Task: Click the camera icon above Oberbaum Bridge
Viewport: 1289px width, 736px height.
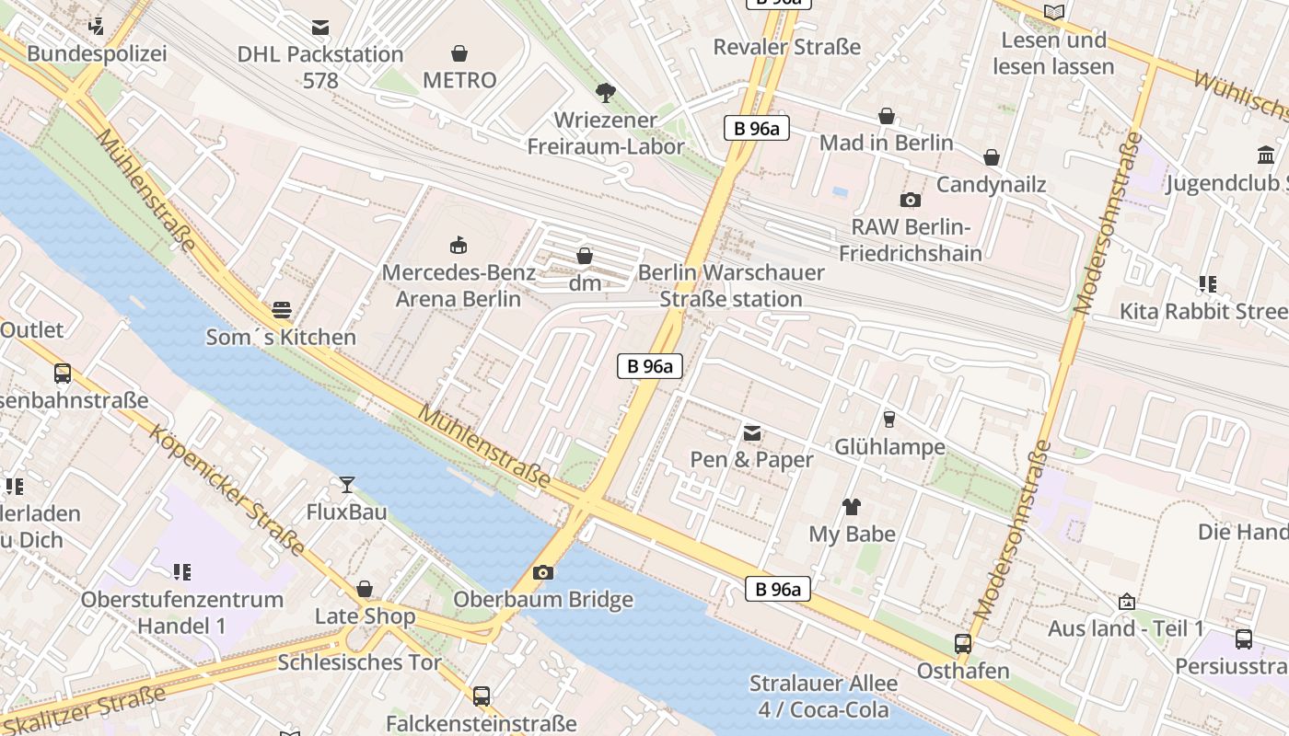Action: pos(543,573)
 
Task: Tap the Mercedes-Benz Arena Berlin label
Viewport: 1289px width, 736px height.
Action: pos(458,285)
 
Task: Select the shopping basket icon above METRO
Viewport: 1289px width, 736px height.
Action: pos(459,54)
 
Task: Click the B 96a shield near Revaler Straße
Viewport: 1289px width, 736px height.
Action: pos(757,129)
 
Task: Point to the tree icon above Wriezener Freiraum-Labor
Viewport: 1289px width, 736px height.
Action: pos(605,92)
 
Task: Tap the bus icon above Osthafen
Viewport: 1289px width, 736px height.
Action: pos(963,644)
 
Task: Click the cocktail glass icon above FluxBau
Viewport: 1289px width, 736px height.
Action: pos(346,485)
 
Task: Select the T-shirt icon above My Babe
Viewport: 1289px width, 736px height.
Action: pos(851,507)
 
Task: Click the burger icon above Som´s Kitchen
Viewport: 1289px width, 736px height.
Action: pos(281,310)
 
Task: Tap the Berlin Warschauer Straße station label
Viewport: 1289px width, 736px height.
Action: pos(731,285)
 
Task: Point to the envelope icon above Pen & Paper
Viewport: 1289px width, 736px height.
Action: pos(752,432)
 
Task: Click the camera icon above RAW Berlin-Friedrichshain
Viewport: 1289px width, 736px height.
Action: pos(910,200)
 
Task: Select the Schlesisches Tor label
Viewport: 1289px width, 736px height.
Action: pos(359,662)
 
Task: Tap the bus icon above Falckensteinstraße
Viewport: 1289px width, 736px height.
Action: pos(481,696)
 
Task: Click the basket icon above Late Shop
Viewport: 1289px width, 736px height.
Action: pos(365,589)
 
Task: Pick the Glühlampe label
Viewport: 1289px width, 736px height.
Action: pos(889,447)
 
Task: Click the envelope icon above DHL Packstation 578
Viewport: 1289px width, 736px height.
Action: pos(319,28)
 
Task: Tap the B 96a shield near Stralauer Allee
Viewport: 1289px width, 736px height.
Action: pos(777,590)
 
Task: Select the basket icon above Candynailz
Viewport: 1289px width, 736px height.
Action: pos(991,158)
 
